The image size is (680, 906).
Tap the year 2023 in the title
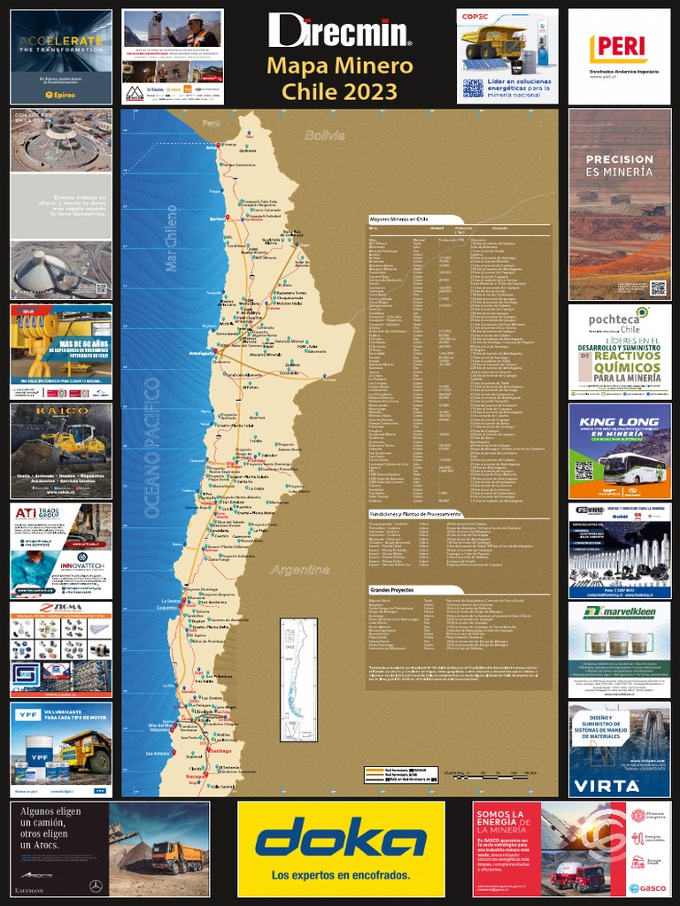tap(376, 90)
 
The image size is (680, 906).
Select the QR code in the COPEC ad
tap(473, 88)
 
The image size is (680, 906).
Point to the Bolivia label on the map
tap(323, 135)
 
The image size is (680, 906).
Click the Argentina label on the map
tap(300, 569)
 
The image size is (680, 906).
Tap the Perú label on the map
tap(210, 123)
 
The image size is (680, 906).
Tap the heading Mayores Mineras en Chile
tap(398, 218)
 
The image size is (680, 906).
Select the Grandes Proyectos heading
tap(391, 588)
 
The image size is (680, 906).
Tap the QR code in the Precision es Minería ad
tap(657, 288)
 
